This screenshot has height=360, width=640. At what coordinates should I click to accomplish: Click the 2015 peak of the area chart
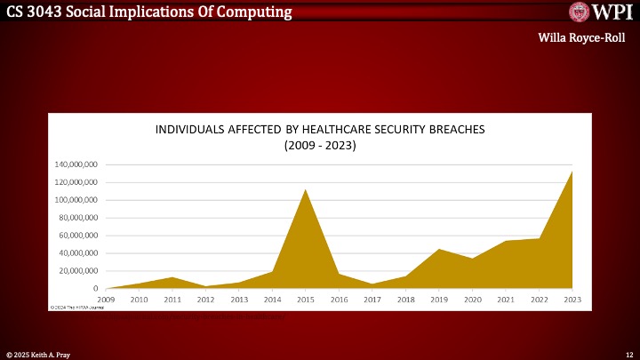[x=305, y=190]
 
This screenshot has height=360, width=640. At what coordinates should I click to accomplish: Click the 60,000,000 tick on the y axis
[x=76, y=236]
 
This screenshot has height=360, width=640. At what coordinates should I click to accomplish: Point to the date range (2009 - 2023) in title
[x=319, y=145]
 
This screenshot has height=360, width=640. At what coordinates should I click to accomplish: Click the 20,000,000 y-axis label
[x=76, y=271]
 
